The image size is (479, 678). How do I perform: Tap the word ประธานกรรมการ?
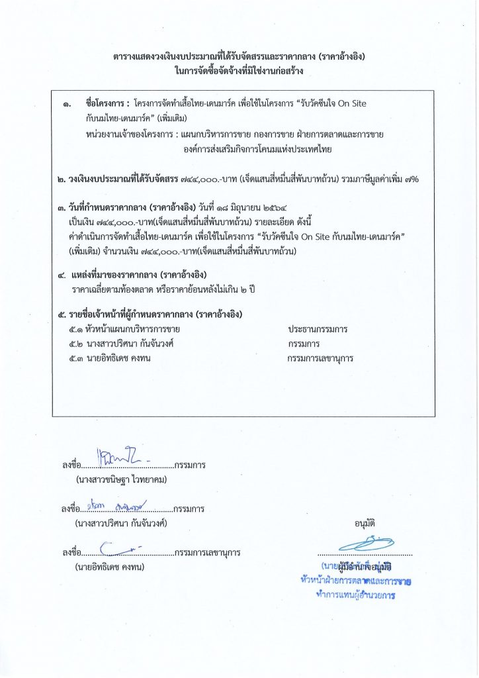click(x=318, y=329)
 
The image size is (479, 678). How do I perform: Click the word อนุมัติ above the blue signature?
click(x=365, y=522)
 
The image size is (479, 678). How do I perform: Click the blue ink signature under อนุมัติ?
click(x=365, y=545)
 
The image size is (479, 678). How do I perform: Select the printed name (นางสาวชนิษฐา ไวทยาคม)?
click(x=121, y=479)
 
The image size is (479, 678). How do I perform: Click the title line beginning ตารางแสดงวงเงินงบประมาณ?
click(x=239, y=57)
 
